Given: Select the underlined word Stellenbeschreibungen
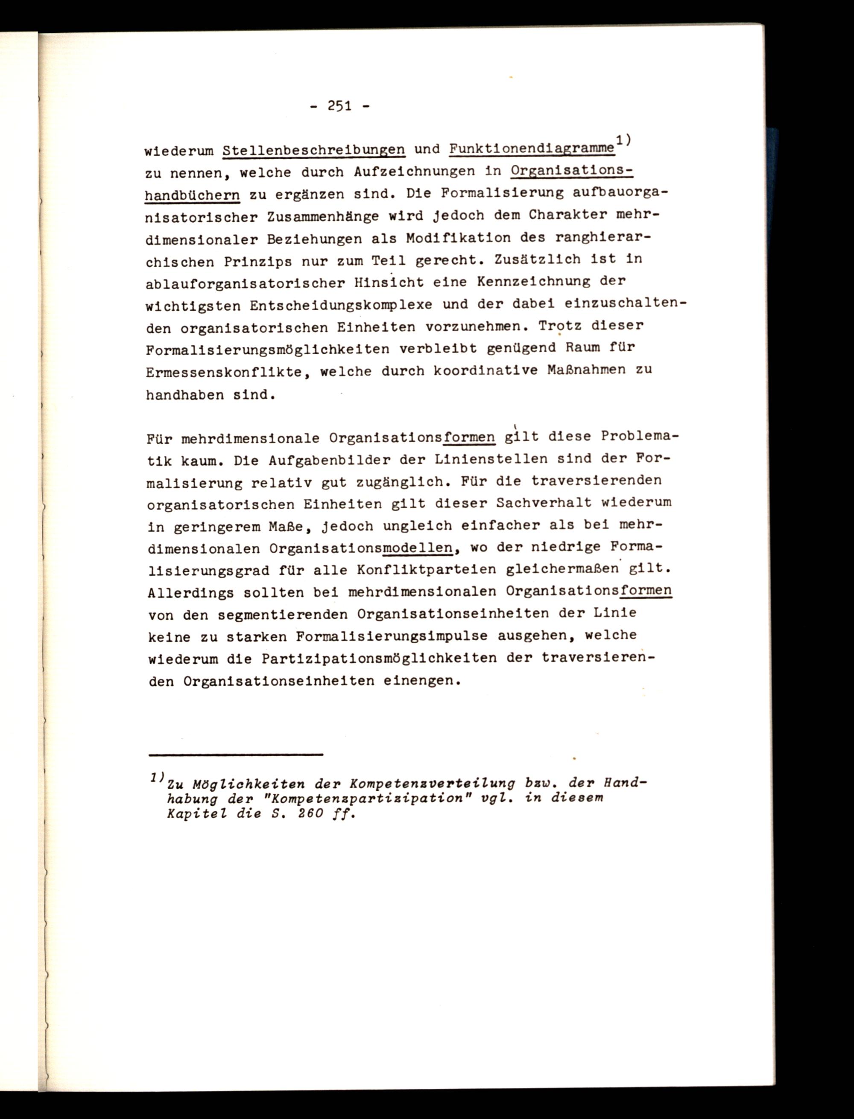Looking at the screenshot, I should [x=314, y=150].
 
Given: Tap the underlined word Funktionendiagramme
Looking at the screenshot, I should [x=531, y=149].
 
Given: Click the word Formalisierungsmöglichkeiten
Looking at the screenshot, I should [x=268, y=350].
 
